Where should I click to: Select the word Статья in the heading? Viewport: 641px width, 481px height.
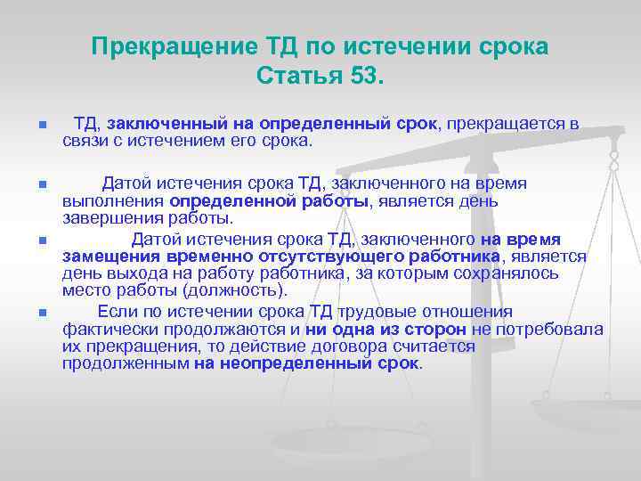point(294,75)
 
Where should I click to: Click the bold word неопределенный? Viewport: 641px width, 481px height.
point(288,363)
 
